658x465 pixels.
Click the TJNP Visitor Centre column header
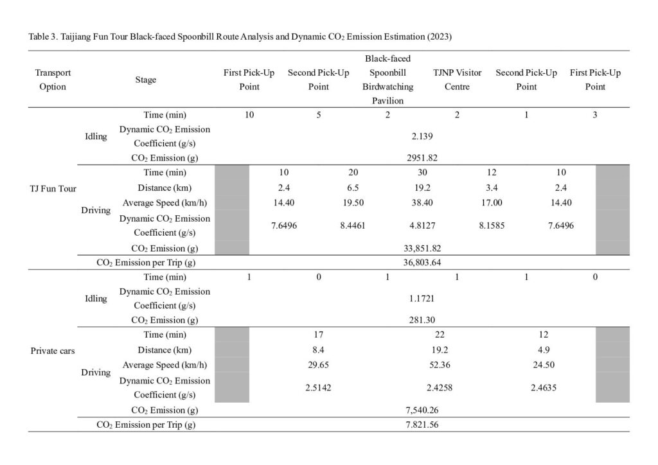(457, 80)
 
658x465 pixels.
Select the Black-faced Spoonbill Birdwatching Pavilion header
(387, 80)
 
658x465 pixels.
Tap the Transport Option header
(53, 80)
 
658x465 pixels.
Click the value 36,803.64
(423, 262)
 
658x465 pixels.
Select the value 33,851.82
(423, 247)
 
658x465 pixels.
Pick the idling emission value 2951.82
(423, 157)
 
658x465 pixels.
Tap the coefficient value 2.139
(423, 136)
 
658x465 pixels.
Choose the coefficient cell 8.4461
(350, 225)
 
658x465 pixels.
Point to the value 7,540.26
(423, 409)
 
